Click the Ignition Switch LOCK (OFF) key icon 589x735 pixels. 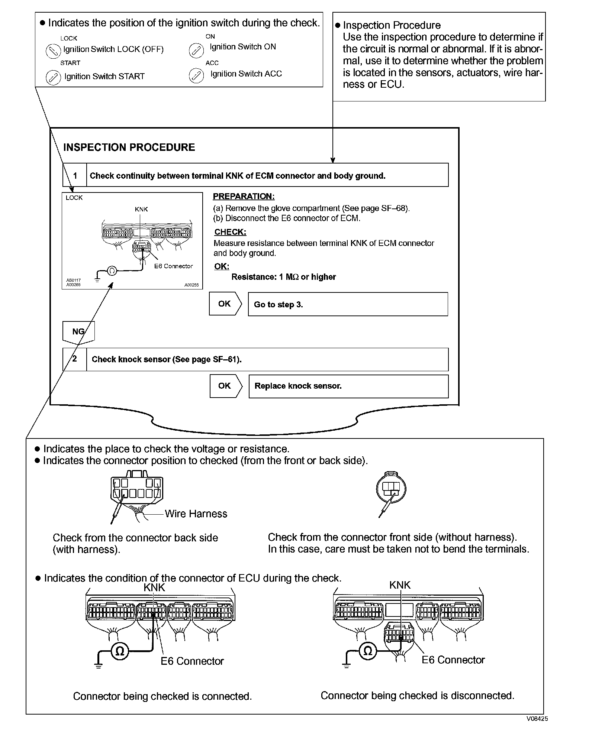(x=53, y=50)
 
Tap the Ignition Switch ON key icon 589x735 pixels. (x=196, y=51)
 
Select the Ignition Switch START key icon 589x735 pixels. (x=53, y=78)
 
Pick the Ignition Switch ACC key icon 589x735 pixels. (x=196, y=75)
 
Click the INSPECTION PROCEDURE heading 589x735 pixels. (x=129, y=148)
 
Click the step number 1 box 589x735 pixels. (x=75, y=175)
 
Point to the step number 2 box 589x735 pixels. (x=75, y=359)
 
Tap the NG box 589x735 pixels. (x=78, y=331)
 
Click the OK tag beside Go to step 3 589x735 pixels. (x=225, y=304)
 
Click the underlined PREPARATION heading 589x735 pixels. (x=244, y=197)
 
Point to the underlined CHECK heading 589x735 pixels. (x=230, y=232)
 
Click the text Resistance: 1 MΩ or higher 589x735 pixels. (x=283, y=277)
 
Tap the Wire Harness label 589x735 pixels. (x=196, y=514)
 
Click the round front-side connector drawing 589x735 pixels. (x=391, y=489)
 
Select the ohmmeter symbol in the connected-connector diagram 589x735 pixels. (x=120, y=651)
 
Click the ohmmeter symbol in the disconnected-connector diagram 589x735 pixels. (x=368, y=651)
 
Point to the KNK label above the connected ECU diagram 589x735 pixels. (x=154, y=587)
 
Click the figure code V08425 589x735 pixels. (x=537, y=719)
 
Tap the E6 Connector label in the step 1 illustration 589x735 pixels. (x=173, y=266)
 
